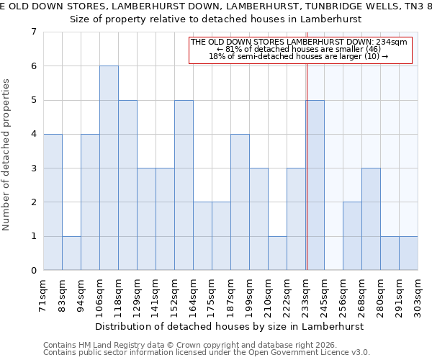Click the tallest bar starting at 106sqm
109,168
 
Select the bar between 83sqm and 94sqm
71,253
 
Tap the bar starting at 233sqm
315,185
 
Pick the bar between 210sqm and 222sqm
277,253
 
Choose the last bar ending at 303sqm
408,253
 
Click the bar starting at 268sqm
371,219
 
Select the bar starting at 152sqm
184,185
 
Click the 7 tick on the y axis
33,32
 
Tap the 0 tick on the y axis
33,271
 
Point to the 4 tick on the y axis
33,134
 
